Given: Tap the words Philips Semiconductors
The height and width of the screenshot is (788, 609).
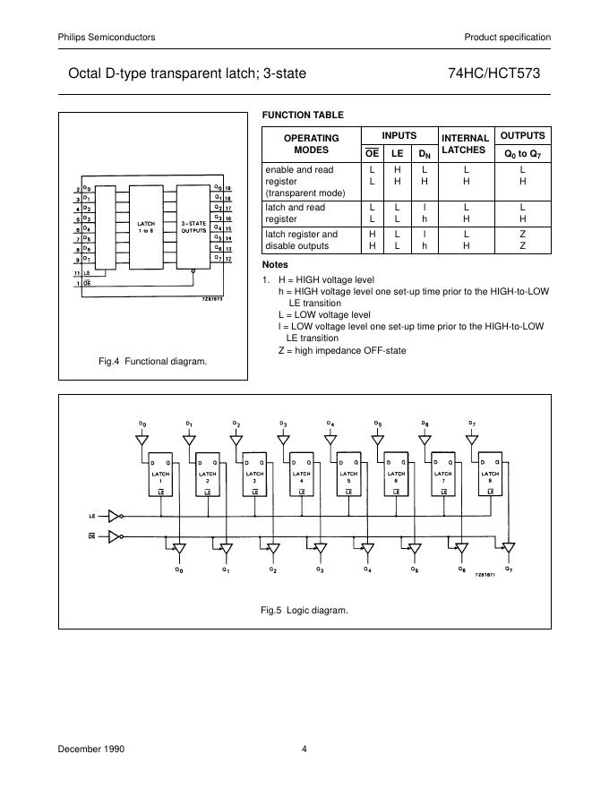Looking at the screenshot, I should (107, 37).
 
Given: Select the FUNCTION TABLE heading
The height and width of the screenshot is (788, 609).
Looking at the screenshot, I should (302, 115).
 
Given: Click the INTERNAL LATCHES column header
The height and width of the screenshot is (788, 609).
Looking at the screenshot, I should (463, 143).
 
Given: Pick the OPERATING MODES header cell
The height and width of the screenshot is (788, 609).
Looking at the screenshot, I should (311, 143).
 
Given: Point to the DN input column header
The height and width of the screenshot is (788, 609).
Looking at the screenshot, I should (425, 153).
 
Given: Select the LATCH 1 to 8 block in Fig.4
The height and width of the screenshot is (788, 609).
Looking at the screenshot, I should (146, 227).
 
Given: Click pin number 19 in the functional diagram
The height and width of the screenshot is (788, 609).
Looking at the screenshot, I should (228, 189).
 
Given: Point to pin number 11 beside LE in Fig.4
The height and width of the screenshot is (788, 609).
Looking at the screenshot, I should (77, 272).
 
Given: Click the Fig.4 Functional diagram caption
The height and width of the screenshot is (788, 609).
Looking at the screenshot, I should (152, 361).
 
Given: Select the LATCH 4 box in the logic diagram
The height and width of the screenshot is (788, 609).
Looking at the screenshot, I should (302, 474).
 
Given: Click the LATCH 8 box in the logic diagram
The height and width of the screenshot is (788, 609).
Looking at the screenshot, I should (490, 474).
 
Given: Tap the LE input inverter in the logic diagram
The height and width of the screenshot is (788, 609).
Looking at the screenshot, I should (114, 516).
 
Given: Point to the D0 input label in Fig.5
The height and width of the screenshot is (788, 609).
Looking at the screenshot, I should (142, 422).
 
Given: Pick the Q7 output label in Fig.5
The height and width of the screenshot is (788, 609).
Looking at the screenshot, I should (509, 569).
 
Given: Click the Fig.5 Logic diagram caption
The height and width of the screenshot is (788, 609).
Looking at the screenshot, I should (304, 610).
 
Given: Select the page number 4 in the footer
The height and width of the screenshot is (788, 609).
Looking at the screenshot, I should (304, 749).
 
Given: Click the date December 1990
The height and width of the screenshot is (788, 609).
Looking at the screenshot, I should (91, 749).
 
